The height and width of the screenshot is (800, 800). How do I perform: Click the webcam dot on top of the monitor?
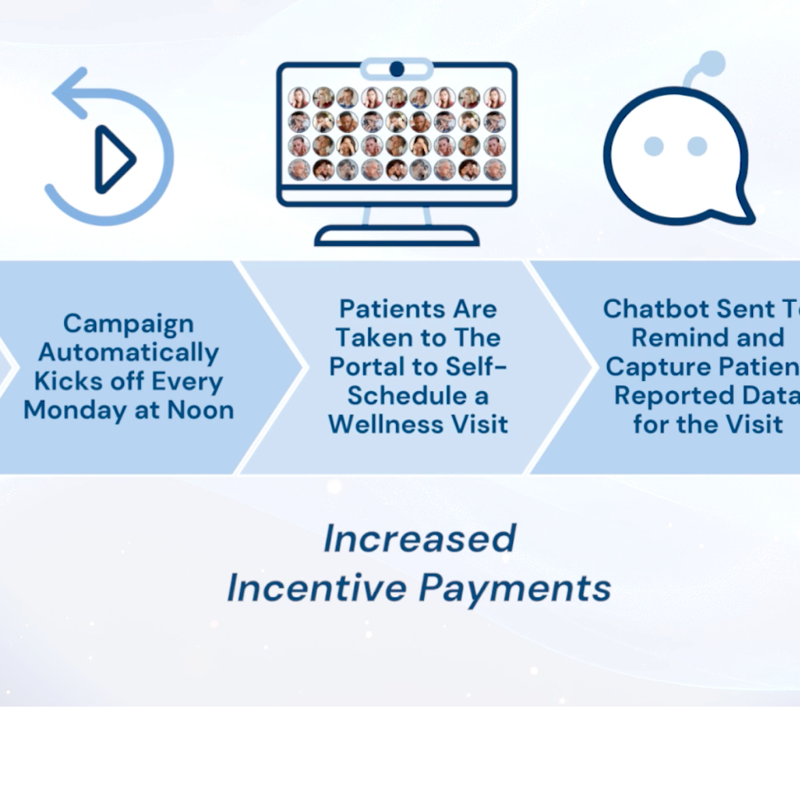[397, 69]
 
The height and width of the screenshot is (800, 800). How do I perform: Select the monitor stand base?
[397, 236]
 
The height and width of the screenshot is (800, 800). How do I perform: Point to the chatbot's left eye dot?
[653, 146]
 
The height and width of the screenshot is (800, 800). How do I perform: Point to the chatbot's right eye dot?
[697, 146]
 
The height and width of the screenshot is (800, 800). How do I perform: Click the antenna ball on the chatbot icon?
[712, 64]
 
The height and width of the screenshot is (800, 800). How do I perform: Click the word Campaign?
[128, 323]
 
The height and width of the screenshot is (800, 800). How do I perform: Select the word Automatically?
[128, 352]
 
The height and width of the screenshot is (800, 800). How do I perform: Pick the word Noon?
[200, 410]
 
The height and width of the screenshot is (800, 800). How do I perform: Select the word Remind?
[671, 337]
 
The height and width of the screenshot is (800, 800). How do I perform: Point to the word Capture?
[650, 367]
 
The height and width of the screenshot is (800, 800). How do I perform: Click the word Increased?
[419, 538]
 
